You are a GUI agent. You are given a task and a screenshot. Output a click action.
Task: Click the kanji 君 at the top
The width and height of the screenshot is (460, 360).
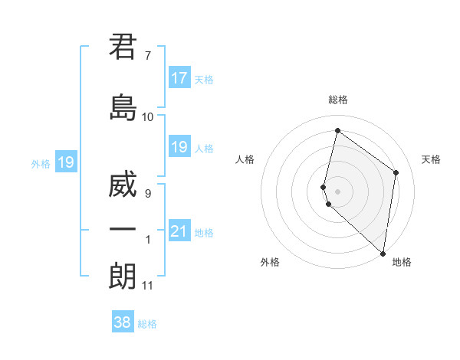point(123,47)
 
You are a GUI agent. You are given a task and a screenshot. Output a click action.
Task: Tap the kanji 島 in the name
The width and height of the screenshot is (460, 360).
point(123,107)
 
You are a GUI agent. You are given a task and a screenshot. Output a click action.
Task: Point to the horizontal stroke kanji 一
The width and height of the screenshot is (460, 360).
point(123,230)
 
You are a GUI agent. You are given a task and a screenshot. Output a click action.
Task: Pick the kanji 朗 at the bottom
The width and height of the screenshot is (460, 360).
point(123,276)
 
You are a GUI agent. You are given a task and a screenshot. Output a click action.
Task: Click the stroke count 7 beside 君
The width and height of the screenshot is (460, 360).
point(147,56)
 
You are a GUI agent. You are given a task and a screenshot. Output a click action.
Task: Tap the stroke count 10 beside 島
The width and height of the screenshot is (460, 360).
point(148,117)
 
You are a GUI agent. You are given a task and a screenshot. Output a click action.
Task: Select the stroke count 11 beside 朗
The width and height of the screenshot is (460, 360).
point(148,286)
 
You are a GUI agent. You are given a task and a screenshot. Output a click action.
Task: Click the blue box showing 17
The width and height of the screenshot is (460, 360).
point(179,78)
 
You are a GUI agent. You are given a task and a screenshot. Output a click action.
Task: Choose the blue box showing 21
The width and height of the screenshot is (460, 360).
point(179,231)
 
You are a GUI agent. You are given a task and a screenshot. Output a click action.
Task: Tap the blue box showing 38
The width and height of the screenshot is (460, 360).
point(123,322)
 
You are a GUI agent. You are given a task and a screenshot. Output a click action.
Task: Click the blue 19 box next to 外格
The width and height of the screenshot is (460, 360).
point(66,162)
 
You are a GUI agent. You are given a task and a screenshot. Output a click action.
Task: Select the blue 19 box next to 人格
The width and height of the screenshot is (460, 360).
point(179,147)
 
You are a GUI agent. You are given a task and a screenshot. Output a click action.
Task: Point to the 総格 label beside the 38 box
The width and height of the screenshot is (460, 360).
point(147,324)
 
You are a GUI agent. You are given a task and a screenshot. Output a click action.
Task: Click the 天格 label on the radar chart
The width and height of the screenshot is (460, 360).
point(431,159)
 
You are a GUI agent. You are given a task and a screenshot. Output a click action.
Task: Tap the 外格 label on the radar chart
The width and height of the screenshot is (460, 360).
point(270,262)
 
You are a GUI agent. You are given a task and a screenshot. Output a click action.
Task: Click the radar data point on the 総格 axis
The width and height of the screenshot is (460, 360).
point(337,130)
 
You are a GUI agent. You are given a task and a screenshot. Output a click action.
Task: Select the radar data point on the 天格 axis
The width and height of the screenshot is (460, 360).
point(396,172)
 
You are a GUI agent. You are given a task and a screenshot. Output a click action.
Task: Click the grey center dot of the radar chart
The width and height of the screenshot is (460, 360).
point(337,190)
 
